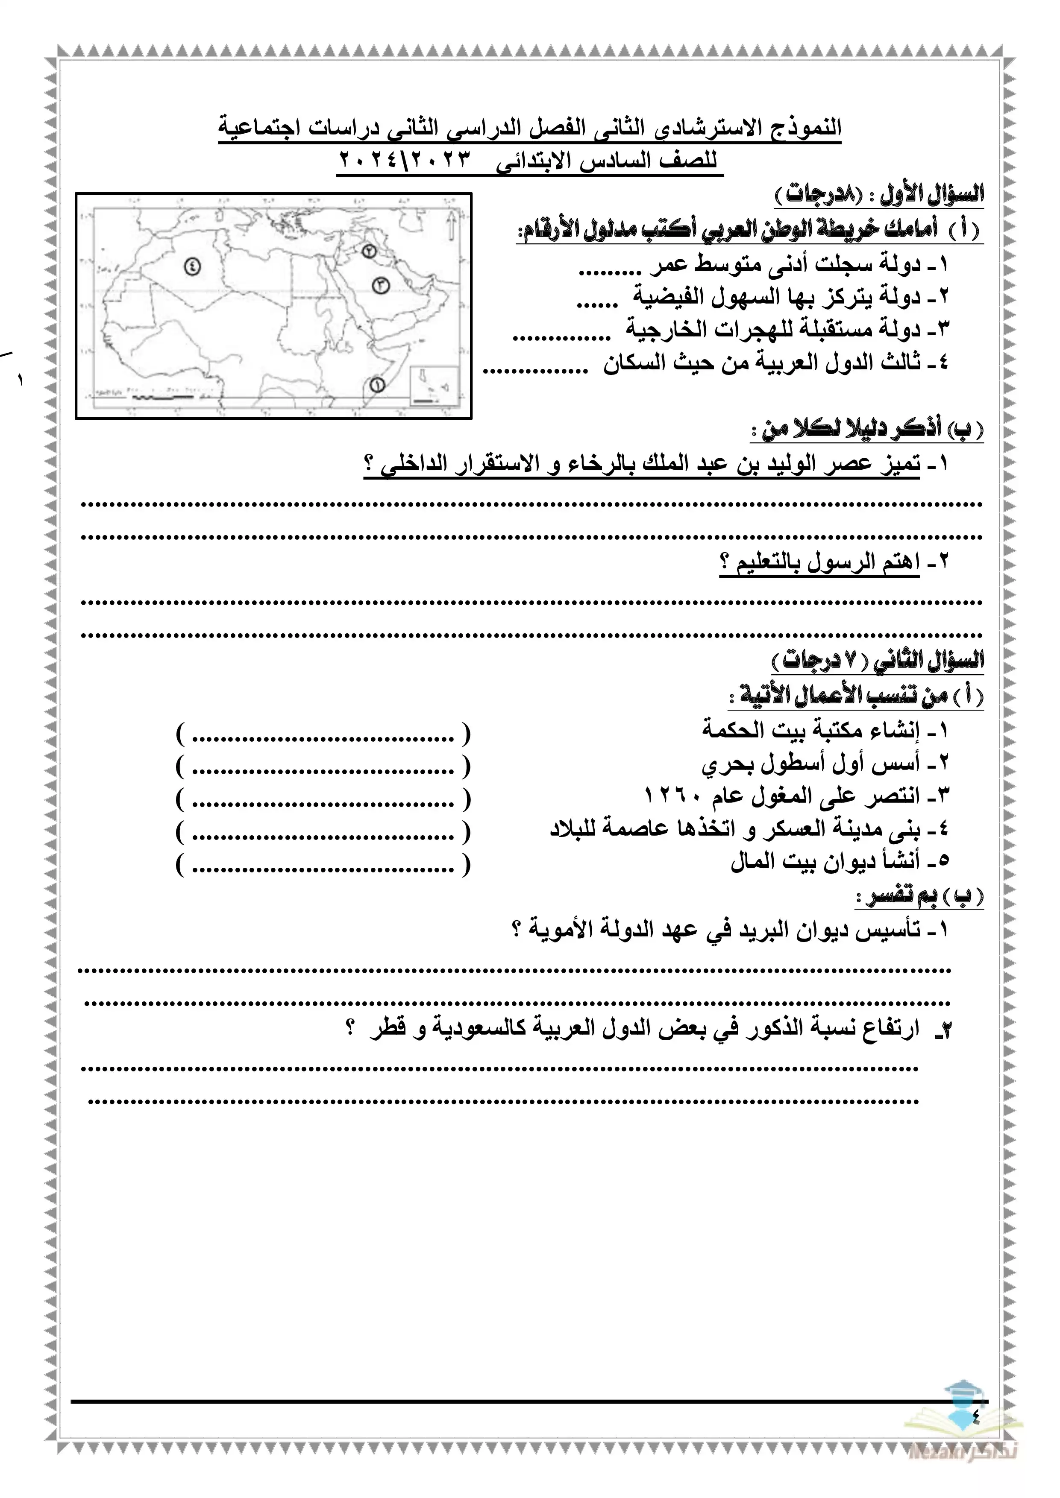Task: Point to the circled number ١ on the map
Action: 376,384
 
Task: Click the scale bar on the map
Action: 160,394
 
